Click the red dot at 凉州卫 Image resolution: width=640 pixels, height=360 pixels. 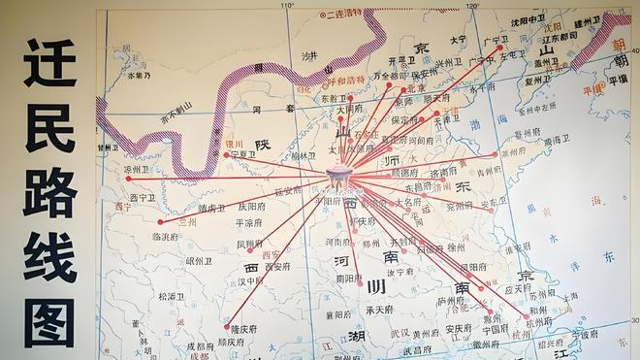pyautogui.click(x=128, y=179)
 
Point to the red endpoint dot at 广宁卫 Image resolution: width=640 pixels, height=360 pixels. pyautogui.click(x=500, y=47)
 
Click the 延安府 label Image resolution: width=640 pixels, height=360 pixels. pyautogui.click(x=288, y=191)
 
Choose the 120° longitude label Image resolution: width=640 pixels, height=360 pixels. pyautogui.click(x=471, y=6)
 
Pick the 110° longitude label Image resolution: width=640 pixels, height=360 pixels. pyautogui.click(x=287, y=6)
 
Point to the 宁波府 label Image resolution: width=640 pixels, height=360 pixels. pyautogui.click(x=583, y=331)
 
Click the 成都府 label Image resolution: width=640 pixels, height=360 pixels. pyautogui.click(x=200, y=344)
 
